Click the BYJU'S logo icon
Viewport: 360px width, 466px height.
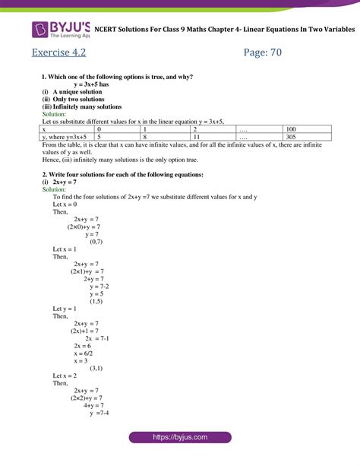[40, 30]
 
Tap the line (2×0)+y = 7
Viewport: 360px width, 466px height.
[84, 227]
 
